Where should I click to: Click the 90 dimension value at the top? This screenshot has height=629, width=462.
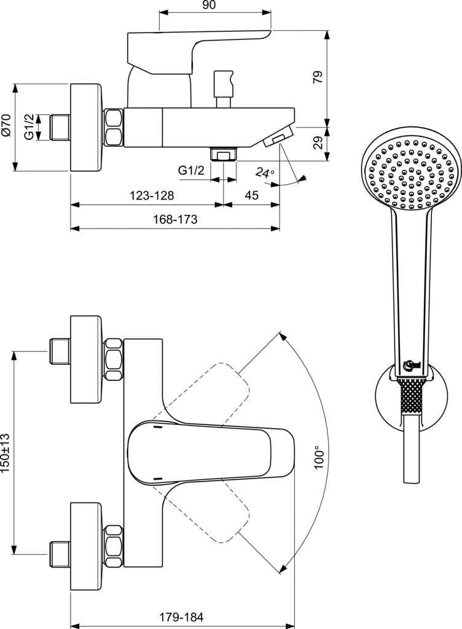pyautogui.click(x=209, y=5)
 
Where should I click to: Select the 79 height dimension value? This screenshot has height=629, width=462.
pyautogui.click(x=318, y=77)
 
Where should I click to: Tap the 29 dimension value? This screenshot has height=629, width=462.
pyautogui.click(x=318, y=143)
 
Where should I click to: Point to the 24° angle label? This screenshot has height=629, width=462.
pyautogui.click(x=265, y=172)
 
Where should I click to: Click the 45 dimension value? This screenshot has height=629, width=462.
pyautogui.click(x=251, y=195)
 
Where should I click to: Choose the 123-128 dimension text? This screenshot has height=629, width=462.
pyautogui.click(x=152, y=195)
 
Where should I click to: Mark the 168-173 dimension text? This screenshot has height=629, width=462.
pyautogui.click(x=175, y=219)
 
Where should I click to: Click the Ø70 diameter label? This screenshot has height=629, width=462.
pyautogui.click(x=6, y=127)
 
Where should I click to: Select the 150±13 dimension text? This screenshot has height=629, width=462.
pyautogui.click(x=6, y=453)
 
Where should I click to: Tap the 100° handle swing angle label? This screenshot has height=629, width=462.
pyautogui.click(x=319, y=458)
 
